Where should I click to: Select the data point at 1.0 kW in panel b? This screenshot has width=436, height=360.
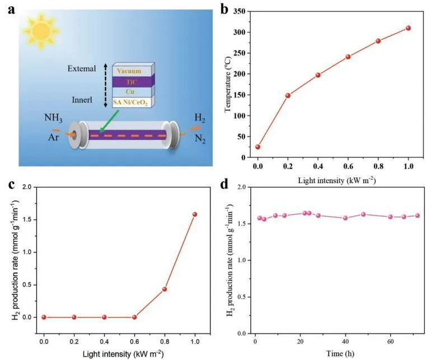tap(408, 28)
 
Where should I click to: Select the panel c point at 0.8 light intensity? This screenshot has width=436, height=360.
tap(165, 289)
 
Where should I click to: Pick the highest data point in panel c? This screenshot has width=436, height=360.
tap(195, 214)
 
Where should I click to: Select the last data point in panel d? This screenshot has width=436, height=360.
tap(417, 216)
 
